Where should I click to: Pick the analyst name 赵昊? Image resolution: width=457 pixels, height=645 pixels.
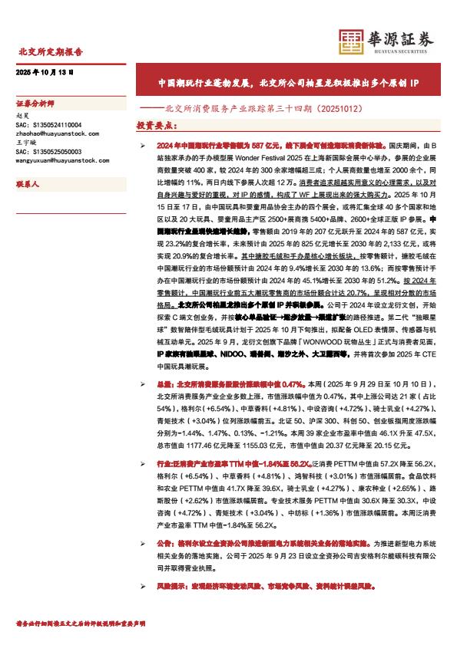pos(22,114)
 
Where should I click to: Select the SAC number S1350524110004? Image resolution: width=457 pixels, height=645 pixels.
pos(48,123)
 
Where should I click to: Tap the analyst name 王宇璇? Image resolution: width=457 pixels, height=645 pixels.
pos(25,143)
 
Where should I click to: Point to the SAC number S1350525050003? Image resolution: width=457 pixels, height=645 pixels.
pos(48,152)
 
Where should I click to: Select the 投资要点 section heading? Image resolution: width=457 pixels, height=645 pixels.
pos(155,123)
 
